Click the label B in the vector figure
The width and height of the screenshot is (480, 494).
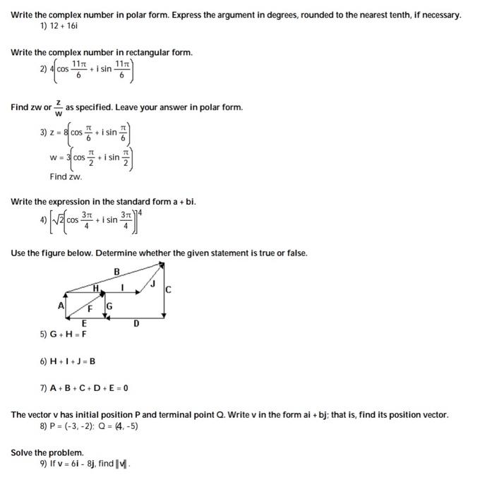117,271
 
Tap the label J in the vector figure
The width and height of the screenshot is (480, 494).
152,284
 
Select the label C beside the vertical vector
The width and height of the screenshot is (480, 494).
168,290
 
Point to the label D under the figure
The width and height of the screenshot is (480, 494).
136,323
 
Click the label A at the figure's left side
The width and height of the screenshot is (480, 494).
61,305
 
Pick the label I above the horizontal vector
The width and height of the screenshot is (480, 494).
123,287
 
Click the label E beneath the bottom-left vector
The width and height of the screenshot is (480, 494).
84,323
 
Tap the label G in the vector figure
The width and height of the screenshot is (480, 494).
109,306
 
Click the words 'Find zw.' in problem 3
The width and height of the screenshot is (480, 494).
66,176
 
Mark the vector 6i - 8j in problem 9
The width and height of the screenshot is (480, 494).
95,464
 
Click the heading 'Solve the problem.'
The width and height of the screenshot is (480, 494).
47,452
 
